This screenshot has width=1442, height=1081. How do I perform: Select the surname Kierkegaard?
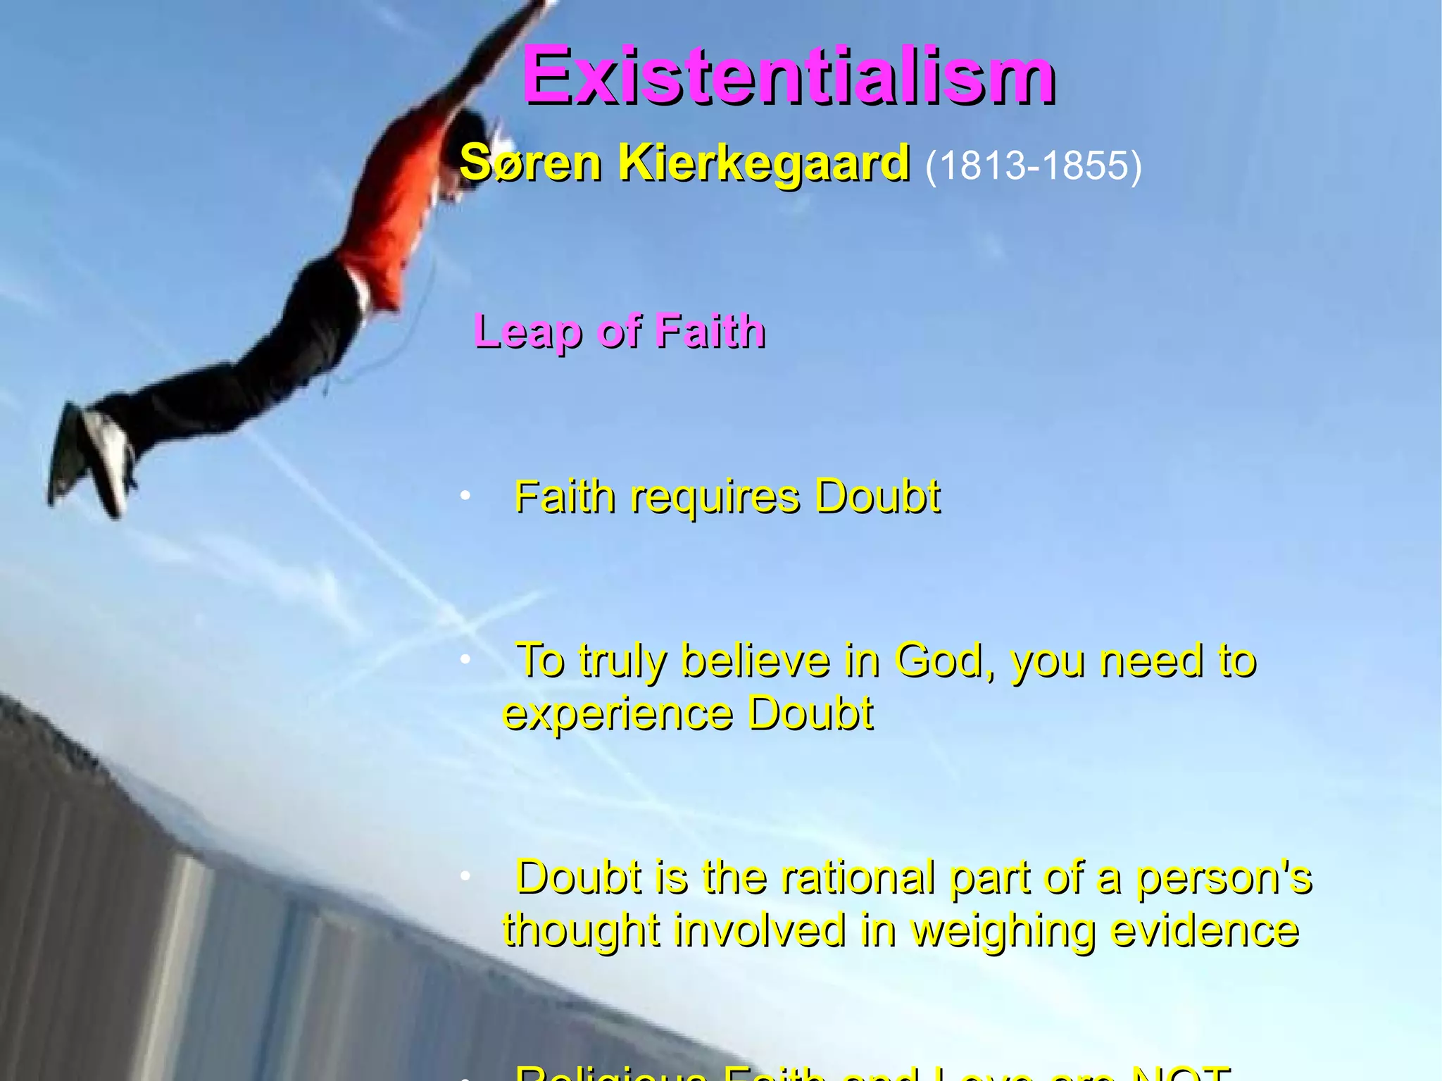point(764,163)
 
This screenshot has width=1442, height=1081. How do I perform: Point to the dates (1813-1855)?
point(1032,166)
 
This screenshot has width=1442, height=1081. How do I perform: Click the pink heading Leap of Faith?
point(620,331)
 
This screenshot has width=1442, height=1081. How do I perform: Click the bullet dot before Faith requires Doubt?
point(465,497)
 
